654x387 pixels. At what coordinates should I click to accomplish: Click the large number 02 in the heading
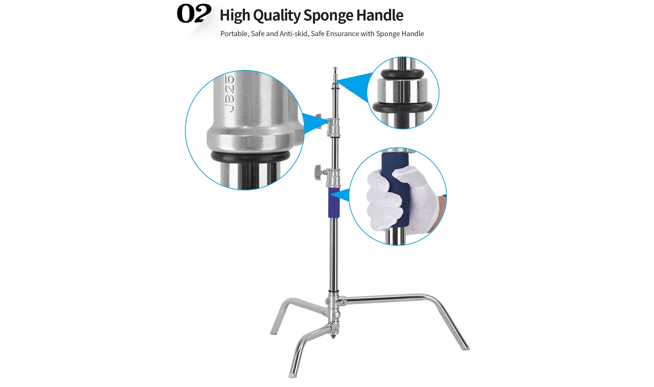click(x=194, y=14)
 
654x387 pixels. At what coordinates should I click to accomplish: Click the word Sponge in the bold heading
click(x=328, y=16)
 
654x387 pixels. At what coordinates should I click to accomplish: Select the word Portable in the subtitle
click(x=234, y=34)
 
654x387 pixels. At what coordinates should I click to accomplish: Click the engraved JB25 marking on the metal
click(x=230, y=94)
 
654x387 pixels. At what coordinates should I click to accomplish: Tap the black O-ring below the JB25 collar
click(x=250, y=156)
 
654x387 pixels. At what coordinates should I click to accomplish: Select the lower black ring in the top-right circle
click(x=402, y=107)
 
